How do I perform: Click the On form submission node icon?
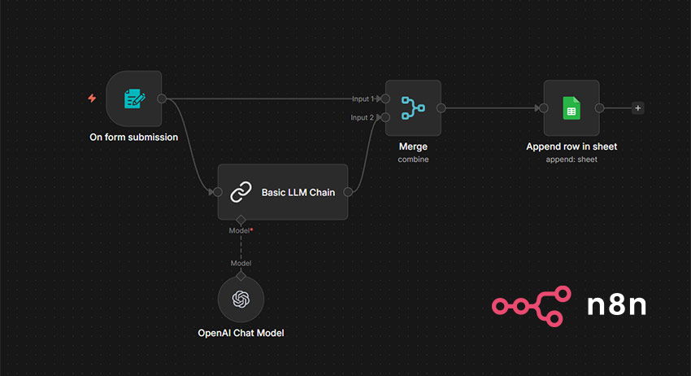point(134,98)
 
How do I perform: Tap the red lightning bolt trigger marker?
point(92,98)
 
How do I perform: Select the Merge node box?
point(413,107)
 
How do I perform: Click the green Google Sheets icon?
point(571,107)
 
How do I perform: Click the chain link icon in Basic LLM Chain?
point(241,192)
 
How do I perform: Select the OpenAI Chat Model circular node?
point(241,299)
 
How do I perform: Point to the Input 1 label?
point(363,99)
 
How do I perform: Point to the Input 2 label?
point(363,118)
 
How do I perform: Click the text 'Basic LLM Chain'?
point(298,193)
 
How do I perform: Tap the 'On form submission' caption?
point(133,138)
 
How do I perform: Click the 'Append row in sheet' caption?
point(571,146)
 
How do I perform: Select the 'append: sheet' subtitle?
point(571,160)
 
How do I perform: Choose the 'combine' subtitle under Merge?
point(413,160)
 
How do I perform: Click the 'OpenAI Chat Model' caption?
point(241,333)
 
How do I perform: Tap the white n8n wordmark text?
point(617,305)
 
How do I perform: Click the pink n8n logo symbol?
point(528,305)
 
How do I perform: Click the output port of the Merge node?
point(441,107)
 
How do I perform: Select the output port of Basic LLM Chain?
point(348,192)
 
